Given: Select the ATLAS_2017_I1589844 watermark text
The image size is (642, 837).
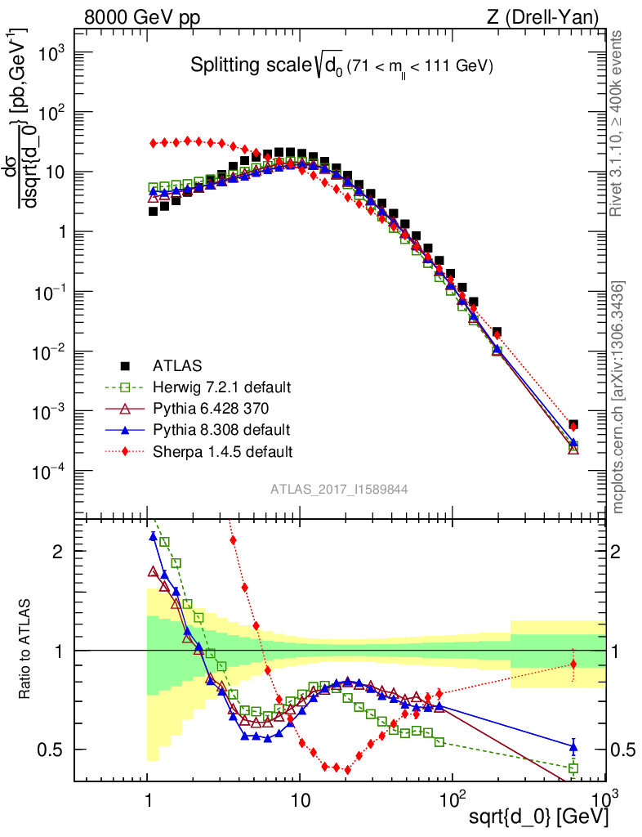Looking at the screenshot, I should click(x=340, y=489).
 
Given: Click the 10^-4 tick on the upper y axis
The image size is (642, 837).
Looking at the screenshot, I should click(x=51, y=472).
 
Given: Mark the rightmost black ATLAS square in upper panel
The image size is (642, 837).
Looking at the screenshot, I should click(x=573, y=425).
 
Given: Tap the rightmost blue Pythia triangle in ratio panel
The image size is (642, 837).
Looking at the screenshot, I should click(x=573, y=745).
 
